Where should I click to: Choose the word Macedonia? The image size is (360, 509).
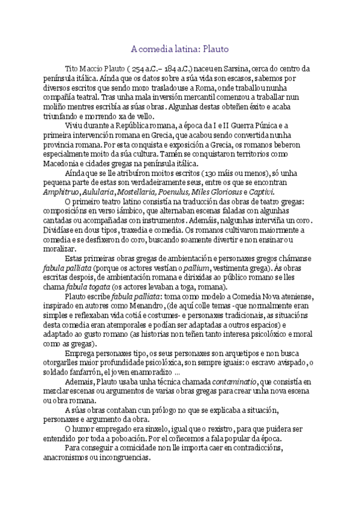coord(60,164)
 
